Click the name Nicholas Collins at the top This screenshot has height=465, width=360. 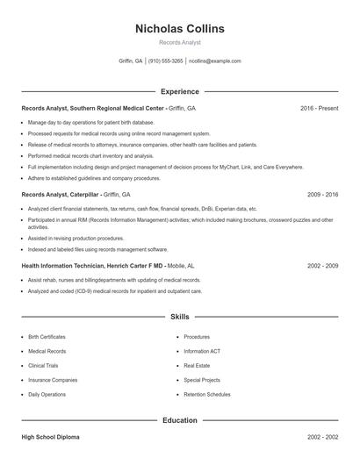[x=180, y=29]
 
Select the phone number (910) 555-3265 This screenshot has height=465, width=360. [x=166, y=61]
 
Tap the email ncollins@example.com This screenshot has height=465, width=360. [x=215, y=61]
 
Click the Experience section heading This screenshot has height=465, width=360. [x=180, y=91]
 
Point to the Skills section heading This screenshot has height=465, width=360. [x=180, y=316]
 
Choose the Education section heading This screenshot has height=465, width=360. [x=180, y=420]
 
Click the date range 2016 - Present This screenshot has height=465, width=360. [x=319, y=108]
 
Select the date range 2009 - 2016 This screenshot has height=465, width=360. [x=322, y=194]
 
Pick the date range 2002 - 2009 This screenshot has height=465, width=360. [x=322, y=265]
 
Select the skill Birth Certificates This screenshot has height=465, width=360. [x=47, y=337]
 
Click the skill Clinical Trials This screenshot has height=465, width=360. [x=43, y=366]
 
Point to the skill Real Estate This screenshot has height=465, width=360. [x=197, y=366]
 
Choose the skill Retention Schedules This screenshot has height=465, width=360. [x=207, y=395]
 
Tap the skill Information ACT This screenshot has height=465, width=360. [x=202, y=351]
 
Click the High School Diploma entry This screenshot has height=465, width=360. [x=49, y=437]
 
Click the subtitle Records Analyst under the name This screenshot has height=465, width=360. [x=180, y=42]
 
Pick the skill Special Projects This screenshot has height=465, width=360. [x=202, y=380]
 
